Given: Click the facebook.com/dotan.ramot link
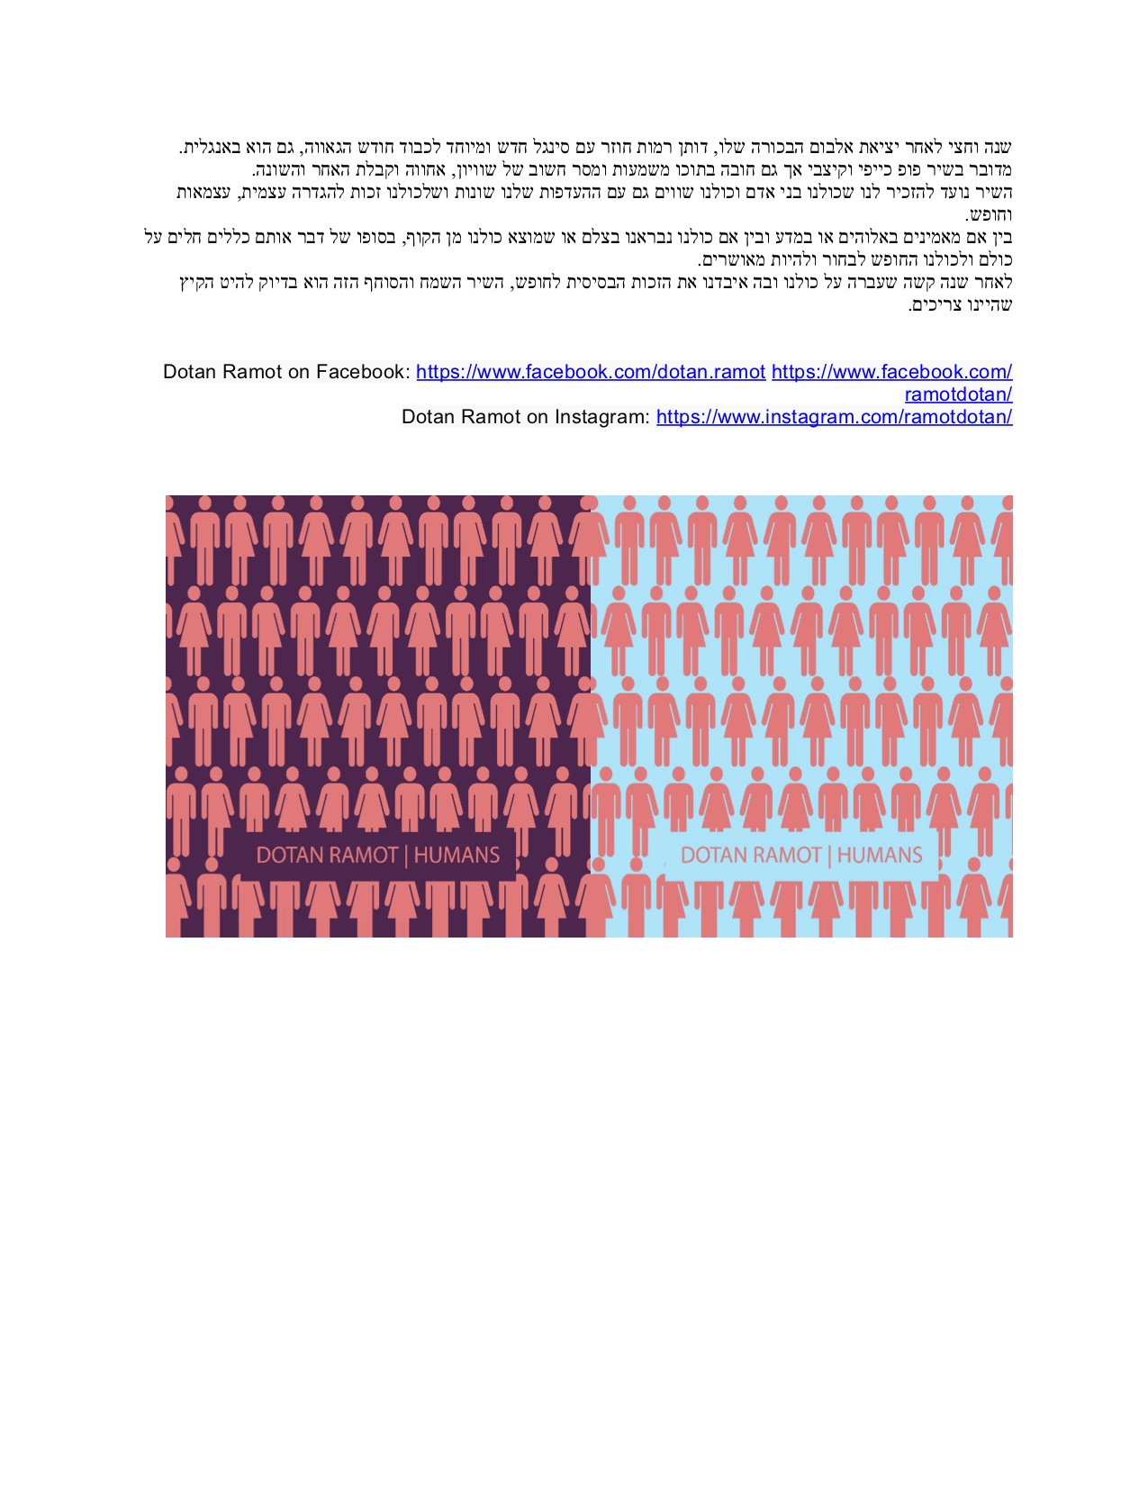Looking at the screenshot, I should click(x=591, y=372).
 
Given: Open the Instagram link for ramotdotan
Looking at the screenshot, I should click(x=834, y=417).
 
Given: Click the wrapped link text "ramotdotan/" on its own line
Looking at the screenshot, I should click(x=958, y=394).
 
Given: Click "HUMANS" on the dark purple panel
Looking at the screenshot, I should click(x=456, y=855).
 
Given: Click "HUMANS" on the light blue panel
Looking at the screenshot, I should click(x=880, y=855).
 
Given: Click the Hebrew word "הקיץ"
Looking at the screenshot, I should click(x=196, y=283).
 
